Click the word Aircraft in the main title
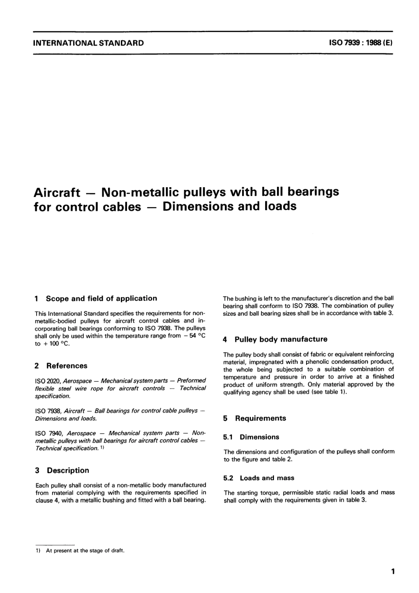(57, 193)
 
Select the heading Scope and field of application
(101, 298)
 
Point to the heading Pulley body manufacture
(281, 339)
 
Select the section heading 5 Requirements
(255, 418)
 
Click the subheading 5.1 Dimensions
(251, 437)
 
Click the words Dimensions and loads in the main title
(229, 206)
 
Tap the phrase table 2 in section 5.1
(281, 460)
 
